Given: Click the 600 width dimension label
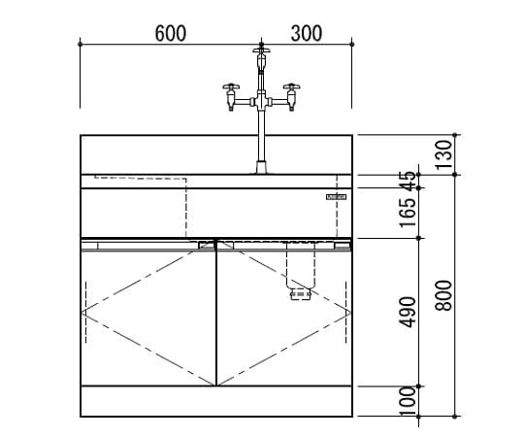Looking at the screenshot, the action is (171, 33).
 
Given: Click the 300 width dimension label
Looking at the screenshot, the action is (307, 33).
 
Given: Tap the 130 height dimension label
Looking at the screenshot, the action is (444, 154).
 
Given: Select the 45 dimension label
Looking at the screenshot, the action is (409, 181).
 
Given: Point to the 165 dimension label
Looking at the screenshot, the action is (409, 213).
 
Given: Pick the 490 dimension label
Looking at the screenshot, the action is (409, 312).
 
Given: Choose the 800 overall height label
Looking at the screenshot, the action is (444, 295).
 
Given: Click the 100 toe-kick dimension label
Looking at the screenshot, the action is (409, 401).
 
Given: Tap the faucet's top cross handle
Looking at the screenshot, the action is (261, 50).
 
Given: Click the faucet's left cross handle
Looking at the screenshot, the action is (231, 86).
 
